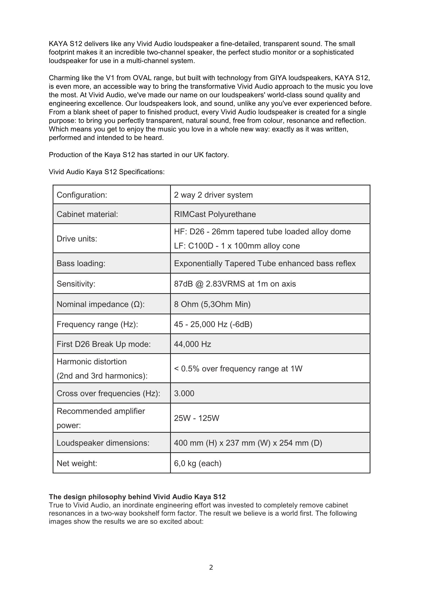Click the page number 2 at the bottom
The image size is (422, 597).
[x=211, y=568]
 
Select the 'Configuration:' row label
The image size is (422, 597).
[x=82, y=195]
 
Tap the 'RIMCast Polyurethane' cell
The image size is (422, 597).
[x=215, y=214]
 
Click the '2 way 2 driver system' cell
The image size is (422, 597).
[x=213, y=195]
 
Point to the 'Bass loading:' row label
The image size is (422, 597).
[x=81, y=263]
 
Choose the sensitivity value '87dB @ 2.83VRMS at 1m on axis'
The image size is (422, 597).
[x=235, y=284]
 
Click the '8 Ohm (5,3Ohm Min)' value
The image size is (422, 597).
[x=212, y=304]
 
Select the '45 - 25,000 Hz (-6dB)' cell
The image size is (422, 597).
[x=213, y=324]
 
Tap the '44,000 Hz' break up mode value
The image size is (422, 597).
[x=192, y=344]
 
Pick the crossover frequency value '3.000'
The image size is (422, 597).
[x=184, y=393]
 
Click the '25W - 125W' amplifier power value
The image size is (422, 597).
[x=197, y=418]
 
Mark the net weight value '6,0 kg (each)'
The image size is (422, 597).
[x=198, y=463]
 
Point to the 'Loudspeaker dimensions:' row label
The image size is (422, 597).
[x=103, y=443]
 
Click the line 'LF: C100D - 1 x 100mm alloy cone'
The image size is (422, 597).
[x=237, y=246]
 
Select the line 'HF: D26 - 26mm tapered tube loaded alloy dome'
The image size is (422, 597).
[x=262, y=232]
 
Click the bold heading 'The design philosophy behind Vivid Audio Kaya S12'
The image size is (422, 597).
[x=137, y=497]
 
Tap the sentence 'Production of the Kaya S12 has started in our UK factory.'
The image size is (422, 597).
[x=139, y=155]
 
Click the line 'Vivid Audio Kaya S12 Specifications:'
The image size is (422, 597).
[x=107, y=172]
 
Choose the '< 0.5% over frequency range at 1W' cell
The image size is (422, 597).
[x=238, y=369]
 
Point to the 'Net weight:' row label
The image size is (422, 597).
[x=77, y=463]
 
